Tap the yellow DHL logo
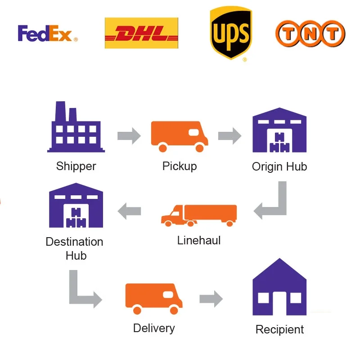pos(141,33)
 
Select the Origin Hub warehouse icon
pos(279,130)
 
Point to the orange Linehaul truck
pos(199,215)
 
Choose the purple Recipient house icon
pos(279,288)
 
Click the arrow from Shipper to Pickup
pos(129,136)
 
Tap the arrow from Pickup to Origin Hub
pos(230,136)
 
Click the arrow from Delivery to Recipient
pos(211,298)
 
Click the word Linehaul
pos(199,240)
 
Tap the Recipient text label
pos(279,329)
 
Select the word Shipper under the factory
pos(76,166)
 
